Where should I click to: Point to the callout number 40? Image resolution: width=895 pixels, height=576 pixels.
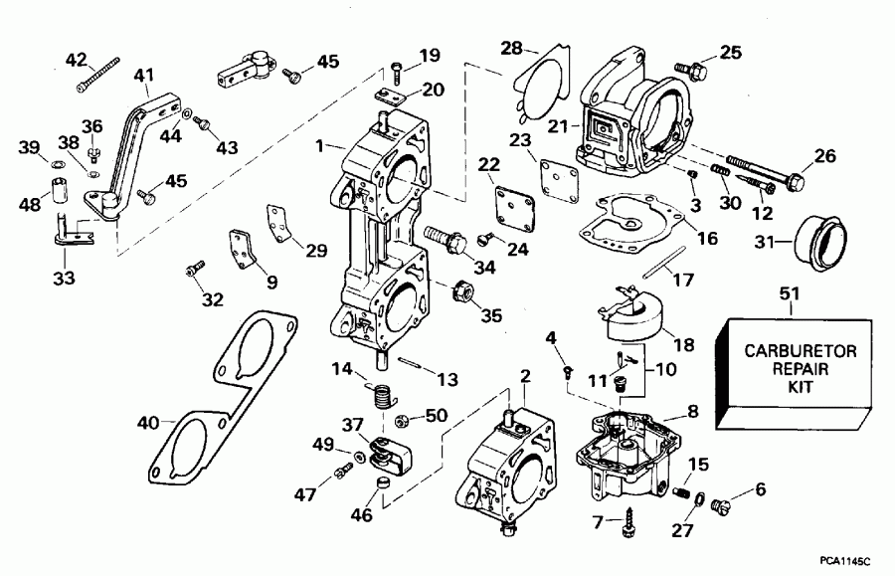tap(148, 423)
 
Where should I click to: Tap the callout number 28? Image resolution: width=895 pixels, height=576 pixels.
tap(511, 48)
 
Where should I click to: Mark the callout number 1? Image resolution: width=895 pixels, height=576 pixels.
tap(320, 145)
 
